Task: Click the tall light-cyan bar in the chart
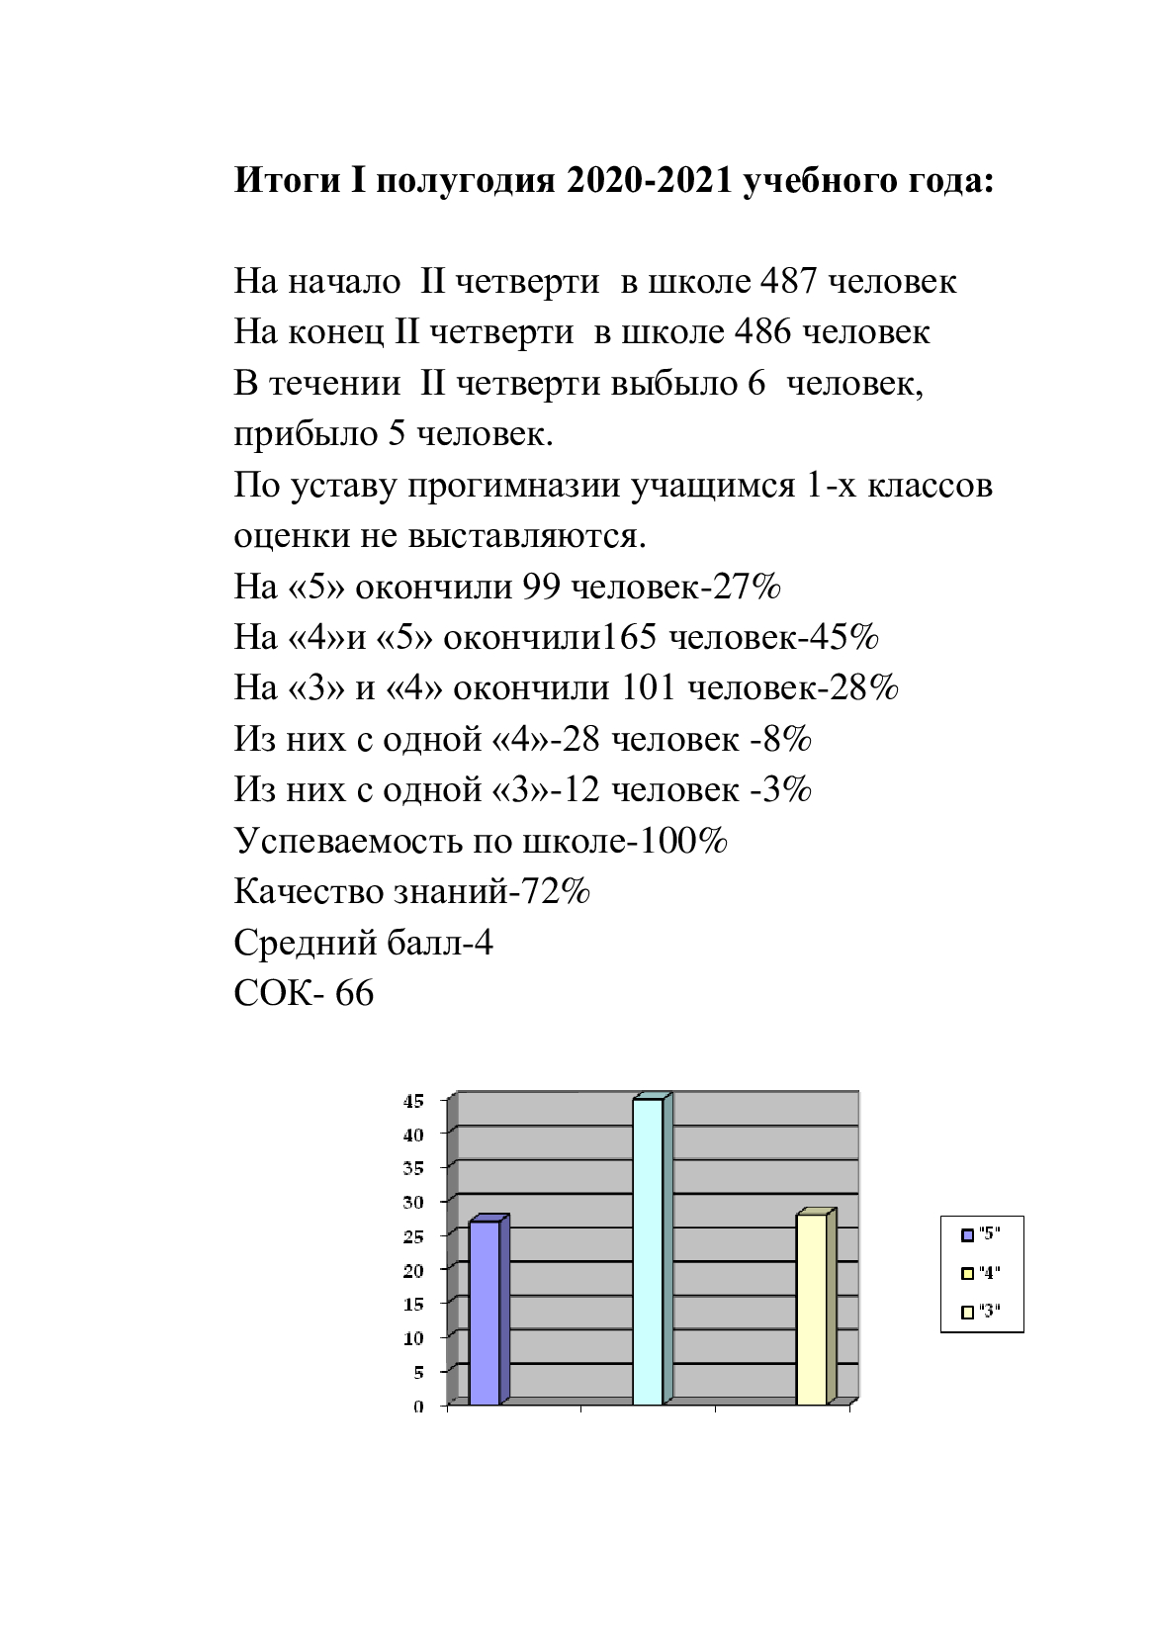[x=648, y=1251]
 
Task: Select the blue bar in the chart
[x=485, y=1313]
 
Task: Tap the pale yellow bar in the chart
[x=811, y=1309]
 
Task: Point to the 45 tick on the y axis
[x=413, y=1100]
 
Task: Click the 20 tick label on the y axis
[x=413, y=1270]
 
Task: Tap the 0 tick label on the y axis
[x=418, y=1407]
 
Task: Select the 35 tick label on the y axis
[x=413, y=1168]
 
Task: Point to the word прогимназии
[x=513, y=487]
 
